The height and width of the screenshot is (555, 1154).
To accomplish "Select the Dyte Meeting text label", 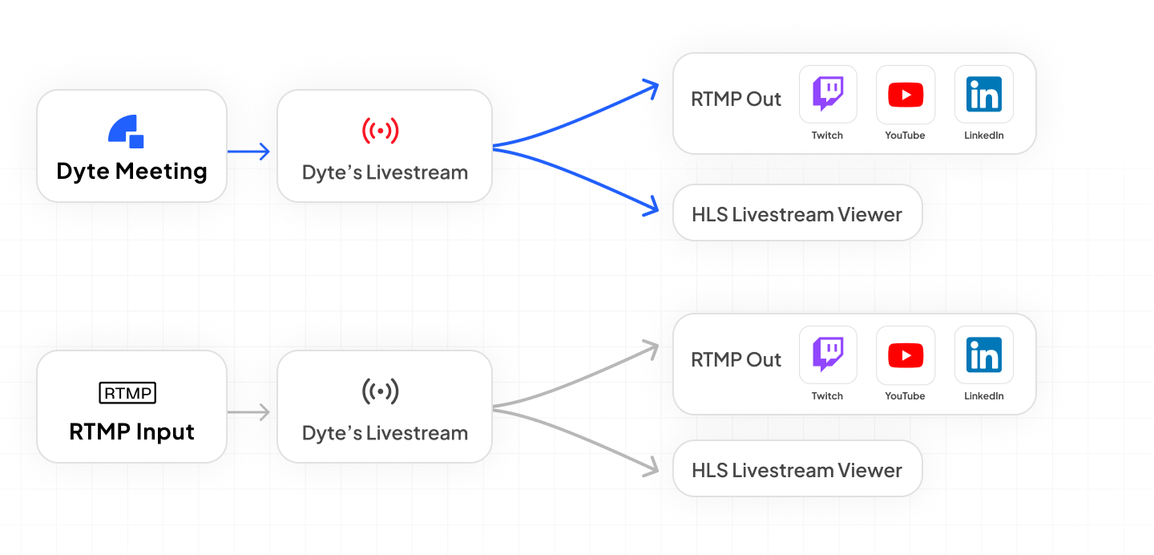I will [x=132, y=171].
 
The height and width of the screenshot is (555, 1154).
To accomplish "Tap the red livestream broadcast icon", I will [x=381, y=130].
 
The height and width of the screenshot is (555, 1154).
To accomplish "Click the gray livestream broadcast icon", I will [x=381, y=391].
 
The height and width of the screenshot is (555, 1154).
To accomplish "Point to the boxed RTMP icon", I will [x=127, y=393].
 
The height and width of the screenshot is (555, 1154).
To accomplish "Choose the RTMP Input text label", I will [x=132, y=431].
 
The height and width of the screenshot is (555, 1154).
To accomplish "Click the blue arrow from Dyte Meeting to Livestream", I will [x=249, y=151].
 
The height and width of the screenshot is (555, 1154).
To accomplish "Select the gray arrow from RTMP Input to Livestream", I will [x=249, y=412].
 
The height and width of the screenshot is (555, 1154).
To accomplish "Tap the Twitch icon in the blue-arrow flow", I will [x=828, y=94].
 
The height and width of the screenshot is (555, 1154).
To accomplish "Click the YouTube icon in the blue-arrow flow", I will [x=906, y=95].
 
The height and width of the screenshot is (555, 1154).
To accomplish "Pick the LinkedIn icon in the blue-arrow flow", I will [x=983, y=95].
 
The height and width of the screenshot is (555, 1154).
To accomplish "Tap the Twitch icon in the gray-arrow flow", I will [x=828, y=354].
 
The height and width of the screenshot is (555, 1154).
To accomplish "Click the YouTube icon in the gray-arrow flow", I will [x=906, y=355].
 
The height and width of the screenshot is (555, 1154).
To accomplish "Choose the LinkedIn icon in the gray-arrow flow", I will [x=983, y=355].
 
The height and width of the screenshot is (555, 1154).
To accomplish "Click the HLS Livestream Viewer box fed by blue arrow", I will [x=797, y=214].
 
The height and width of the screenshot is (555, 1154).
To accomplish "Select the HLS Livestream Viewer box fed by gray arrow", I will [x=797, y=470].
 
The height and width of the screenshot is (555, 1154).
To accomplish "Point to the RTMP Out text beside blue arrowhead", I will [x=736, y=99].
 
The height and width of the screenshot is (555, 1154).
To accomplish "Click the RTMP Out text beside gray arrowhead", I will [x=736, y=360].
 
